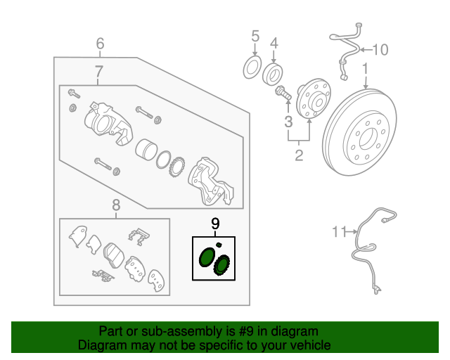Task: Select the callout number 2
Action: (x=299, y=155)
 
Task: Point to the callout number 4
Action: (x=274, y=44)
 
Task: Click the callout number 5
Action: (x=255, y=35)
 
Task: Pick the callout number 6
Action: (x=100, y=44)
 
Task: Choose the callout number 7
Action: (x=99, y=71)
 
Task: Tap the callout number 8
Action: (x=116, y=205)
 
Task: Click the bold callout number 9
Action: (x=215, y=224)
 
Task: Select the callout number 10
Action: (x=380, y=49)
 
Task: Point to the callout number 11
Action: (x=340, y=230)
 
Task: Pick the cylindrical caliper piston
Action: (x=146, y=150)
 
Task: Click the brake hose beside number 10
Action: (x=346, y=49)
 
